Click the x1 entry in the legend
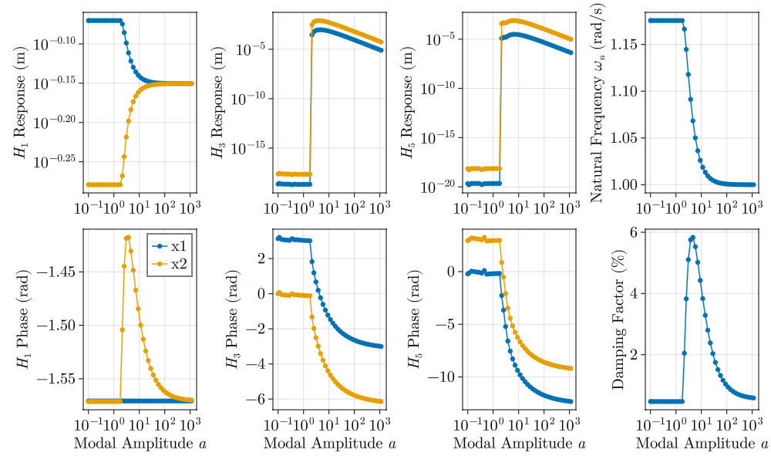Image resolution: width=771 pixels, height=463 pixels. pos(178,246)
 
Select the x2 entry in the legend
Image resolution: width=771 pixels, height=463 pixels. pos(178,264)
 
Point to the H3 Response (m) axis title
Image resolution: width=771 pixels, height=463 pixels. pos(218,102)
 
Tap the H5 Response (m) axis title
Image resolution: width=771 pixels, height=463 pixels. pos(408,102)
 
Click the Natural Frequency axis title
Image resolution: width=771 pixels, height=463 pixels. pos(597,102)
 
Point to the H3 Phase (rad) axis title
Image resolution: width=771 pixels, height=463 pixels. pos(232,319)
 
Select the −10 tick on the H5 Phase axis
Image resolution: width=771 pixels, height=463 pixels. pos(443,377)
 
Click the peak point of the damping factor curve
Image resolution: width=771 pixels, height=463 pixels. pos(693,238)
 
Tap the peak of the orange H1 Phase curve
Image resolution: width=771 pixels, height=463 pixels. pos(129,237)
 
